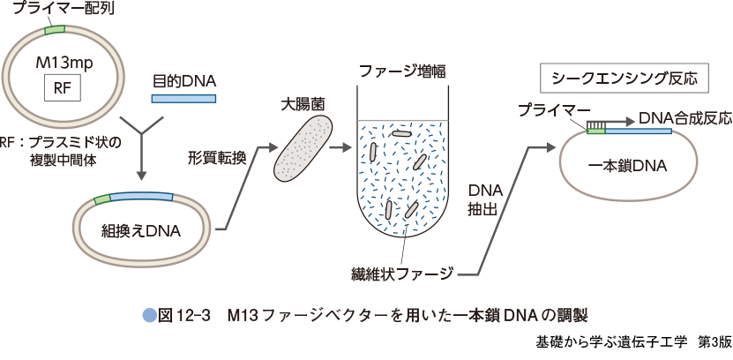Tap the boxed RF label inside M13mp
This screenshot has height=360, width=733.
coord(62,87)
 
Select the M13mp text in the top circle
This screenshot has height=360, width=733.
coord(63,64)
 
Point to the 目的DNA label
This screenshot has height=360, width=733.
coord(185,80)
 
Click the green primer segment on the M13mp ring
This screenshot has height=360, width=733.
coord(55,29)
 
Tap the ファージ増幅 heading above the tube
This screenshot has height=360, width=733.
coord(402,70)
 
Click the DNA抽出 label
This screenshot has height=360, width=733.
coord(484,199)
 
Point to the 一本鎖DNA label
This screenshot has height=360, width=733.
coord(627,165)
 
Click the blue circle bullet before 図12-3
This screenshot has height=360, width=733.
coord(148,314)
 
